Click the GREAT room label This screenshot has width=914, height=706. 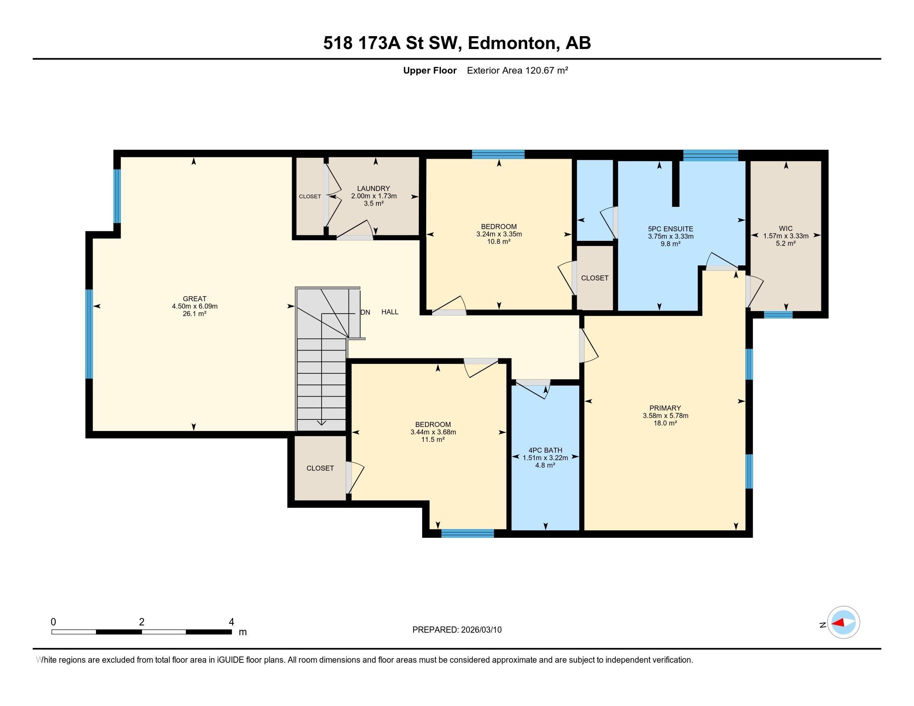[x=194, y=299]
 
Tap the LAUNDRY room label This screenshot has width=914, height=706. [x=373, y=189]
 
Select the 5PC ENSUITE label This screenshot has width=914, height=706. [x=671, y=229]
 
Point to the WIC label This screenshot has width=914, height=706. [x=786, y=228]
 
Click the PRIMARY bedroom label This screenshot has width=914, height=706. [x=665, y=408]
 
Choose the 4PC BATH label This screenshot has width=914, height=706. [x=545, y=450]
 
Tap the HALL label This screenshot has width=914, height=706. [x=390, y=311]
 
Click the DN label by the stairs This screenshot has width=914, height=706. [x=365, y=312]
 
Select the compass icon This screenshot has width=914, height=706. [x=843, y=623]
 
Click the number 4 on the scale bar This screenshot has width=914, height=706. [x=231, y=622]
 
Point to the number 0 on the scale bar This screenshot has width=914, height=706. [x=53, y=622]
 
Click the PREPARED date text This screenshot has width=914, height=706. [x=457, y=630]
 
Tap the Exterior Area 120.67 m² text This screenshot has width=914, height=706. [x=517, y=70]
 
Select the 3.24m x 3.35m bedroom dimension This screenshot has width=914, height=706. [x=499, y=234]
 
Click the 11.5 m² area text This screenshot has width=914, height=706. [x=433, y=439]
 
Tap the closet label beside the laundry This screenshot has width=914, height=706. [x=310, y=196]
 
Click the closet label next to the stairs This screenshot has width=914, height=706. [x=320, y=468]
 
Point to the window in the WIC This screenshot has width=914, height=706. [x=778, y=314]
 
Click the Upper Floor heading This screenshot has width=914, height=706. [x=430, y=70]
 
